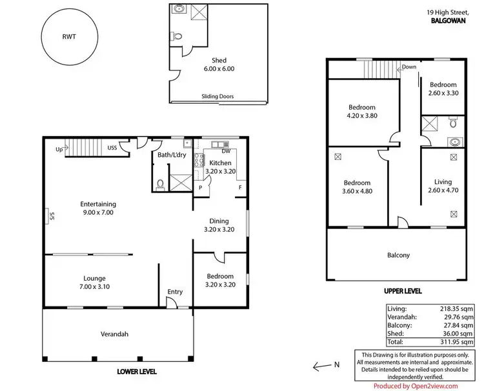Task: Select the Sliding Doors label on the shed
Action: (217, 97)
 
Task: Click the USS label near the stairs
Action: (112, 147)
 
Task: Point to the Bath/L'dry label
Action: (172, 155)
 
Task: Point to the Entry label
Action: (175, 292)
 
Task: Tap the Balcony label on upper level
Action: (398, 255)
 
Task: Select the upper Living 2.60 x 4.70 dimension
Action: (443, 191)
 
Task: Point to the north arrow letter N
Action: (336, 365)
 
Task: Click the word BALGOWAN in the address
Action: (449, 21)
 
